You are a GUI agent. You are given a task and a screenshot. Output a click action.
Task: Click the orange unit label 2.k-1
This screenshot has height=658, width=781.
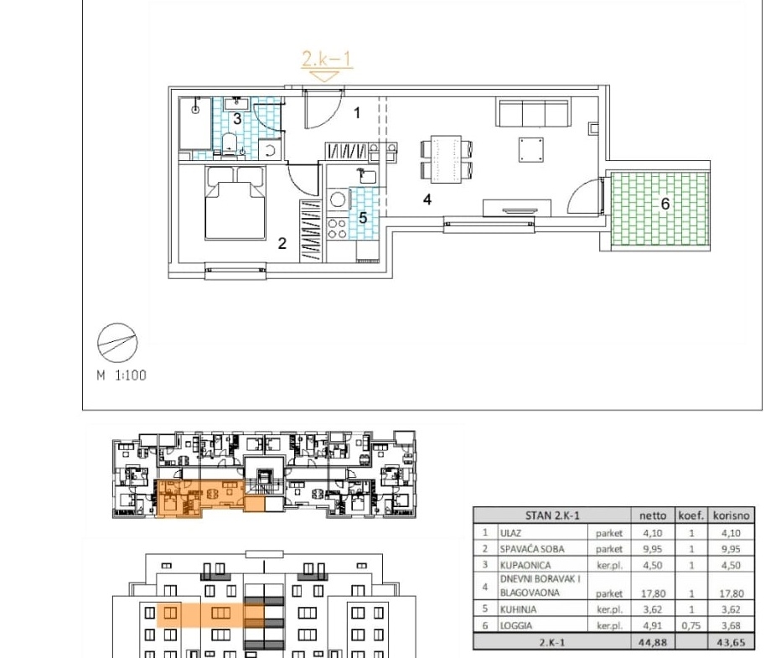327,59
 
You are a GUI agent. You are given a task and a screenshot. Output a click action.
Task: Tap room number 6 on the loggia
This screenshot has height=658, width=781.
665,204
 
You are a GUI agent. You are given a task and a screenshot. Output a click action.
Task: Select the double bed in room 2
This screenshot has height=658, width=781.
235,203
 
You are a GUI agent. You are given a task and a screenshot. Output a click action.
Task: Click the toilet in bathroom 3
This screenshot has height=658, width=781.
229,143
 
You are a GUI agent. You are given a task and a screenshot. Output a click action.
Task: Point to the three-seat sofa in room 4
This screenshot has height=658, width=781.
532,113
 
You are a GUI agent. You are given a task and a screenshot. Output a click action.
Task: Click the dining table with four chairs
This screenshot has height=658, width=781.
447,159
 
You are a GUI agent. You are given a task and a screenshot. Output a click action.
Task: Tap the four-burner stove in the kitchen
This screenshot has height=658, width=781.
337,229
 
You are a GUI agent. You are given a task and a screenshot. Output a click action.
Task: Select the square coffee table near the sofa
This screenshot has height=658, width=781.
531,149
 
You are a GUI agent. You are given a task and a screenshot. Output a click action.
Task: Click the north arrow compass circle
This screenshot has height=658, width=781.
117,342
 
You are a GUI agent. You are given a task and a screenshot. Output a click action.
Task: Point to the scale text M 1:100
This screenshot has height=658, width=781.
122,375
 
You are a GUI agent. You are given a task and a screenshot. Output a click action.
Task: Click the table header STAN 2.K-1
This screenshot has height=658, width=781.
552,516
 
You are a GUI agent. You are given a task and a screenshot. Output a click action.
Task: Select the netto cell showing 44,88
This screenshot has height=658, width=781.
653,642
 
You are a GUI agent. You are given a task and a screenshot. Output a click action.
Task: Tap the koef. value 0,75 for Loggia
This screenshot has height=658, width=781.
691,625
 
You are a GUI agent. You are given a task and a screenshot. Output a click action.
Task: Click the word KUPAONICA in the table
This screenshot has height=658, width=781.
525,565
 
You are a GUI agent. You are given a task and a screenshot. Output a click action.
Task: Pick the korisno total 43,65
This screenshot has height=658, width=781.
732,642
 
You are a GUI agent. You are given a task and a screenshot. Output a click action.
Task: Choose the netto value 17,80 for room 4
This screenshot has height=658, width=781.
653,593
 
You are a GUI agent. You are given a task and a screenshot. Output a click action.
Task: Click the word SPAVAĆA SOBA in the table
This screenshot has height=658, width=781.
532,549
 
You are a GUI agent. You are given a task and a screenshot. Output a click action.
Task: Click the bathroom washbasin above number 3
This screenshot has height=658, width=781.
236,104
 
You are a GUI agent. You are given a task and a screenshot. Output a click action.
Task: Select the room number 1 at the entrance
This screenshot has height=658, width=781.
357,113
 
